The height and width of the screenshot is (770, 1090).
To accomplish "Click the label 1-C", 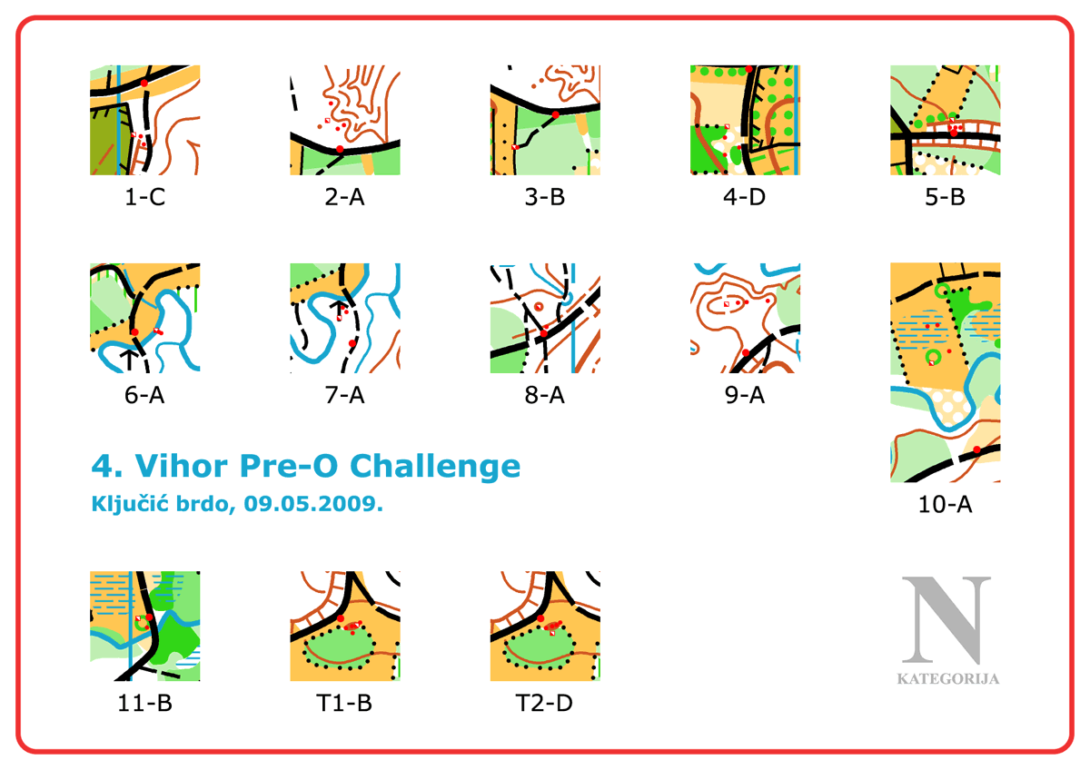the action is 144,197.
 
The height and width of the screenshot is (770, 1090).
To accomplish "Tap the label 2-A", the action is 344,197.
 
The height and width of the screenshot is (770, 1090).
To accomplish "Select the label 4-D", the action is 745,197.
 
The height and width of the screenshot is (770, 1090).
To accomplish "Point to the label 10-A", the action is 945,505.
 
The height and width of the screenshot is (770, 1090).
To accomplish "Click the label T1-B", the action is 344,703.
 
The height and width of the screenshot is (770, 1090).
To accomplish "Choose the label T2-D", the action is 544,703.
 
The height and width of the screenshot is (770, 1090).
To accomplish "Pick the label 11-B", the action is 144,703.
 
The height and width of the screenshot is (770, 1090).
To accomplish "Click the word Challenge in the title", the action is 435,466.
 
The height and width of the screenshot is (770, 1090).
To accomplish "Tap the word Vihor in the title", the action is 181,466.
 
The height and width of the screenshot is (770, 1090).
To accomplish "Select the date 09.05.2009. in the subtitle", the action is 313,503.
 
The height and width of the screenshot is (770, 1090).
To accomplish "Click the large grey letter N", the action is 946,620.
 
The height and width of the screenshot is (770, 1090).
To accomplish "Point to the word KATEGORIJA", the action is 948,678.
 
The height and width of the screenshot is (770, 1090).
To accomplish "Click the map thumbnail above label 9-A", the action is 745,318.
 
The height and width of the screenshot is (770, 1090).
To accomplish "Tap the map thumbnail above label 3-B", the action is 545,120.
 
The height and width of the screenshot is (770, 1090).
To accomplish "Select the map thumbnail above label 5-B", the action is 945,120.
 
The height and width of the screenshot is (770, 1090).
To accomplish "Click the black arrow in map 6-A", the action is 129,360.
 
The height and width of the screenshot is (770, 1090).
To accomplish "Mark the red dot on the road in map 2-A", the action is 340,149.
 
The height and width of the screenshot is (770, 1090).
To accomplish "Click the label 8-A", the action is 544,395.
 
